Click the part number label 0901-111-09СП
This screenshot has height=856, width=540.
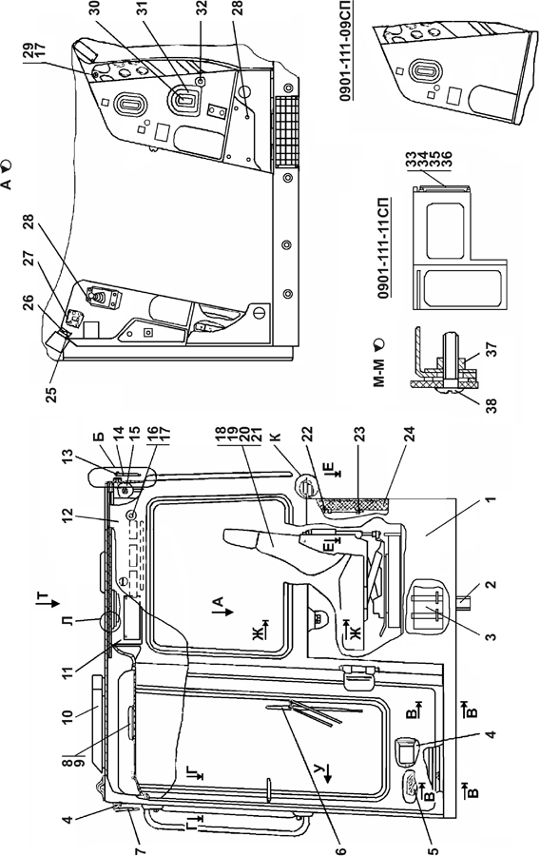(x=346, y=50)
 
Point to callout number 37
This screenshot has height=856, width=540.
(x=491, y=348)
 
